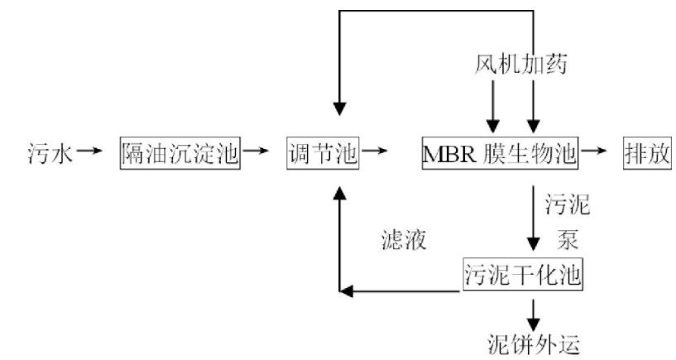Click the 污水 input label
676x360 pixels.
[50, 153]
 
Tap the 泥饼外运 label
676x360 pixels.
[530, 341]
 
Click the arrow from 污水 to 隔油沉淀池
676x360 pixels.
[91, 151]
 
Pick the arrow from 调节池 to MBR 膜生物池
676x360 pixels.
[375, 151]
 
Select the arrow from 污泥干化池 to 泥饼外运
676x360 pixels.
[534, 310]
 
